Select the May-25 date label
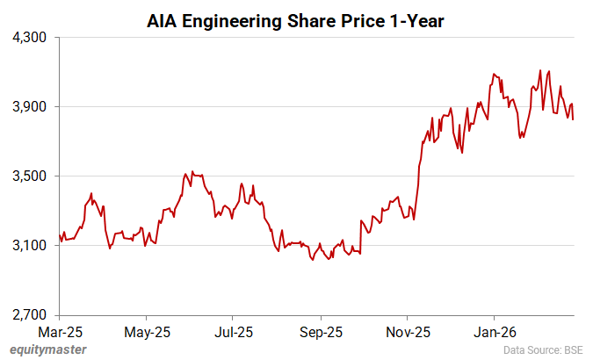[x=147, y=333]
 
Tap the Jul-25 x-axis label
[x=234, y=333]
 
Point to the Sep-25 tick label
[x=321, y=333]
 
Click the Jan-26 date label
[x=494, y=333]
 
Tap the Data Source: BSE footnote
[x=544, y=350]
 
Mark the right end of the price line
[x=574, y=119]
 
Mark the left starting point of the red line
[x=59, y=234]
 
